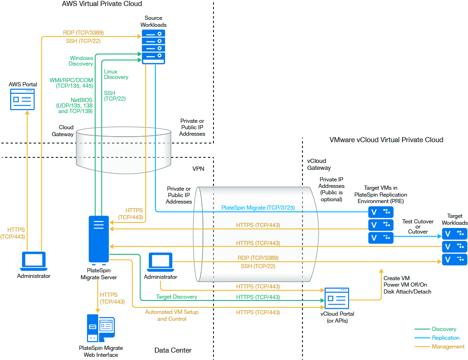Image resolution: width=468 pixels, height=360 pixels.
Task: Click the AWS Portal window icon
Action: [23, 99]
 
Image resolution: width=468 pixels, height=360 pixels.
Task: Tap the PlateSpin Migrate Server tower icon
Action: [99, 239]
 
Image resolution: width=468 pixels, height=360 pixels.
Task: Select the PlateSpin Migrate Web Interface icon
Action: [101, 328]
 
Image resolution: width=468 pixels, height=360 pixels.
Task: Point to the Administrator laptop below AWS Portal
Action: [34, 262]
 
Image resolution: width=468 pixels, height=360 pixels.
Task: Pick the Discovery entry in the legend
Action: [444, 329]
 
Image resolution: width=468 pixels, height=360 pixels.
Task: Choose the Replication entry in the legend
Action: [445, 338]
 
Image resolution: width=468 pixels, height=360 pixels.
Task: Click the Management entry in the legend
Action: [448, 347]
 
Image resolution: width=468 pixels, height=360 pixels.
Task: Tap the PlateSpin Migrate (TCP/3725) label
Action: [258, 208]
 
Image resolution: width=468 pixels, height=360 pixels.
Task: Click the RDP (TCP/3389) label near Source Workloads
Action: [83, 33]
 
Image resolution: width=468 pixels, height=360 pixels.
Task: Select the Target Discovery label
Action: [176, 297]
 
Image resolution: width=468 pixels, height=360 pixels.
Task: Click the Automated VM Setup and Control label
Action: [172, 315]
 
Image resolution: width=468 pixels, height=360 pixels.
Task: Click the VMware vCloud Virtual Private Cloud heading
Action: [386, 140]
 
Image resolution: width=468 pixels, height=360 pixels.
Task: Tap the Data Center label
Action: [173, 350]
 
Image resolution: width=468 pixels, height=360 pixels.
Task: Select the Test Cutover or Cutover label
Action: [418, 227]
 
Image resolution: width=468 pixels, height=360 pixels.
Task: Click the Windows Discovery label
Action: [81, 61]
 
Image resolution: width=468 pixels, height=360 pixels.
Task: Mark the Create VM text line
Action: [397, 278]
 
